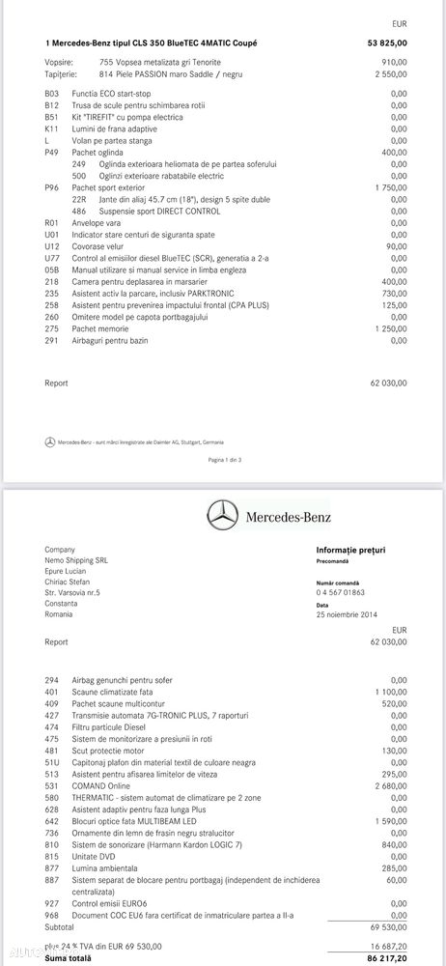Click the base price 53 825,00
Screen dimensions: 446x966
click(387, 43)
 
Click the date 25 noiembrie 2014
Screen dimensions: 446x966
click(348, 615)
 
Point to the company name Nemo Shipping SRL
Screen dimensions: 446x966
click(78, 560)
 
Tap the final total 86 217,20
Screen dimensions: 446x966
click(386, 959)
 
